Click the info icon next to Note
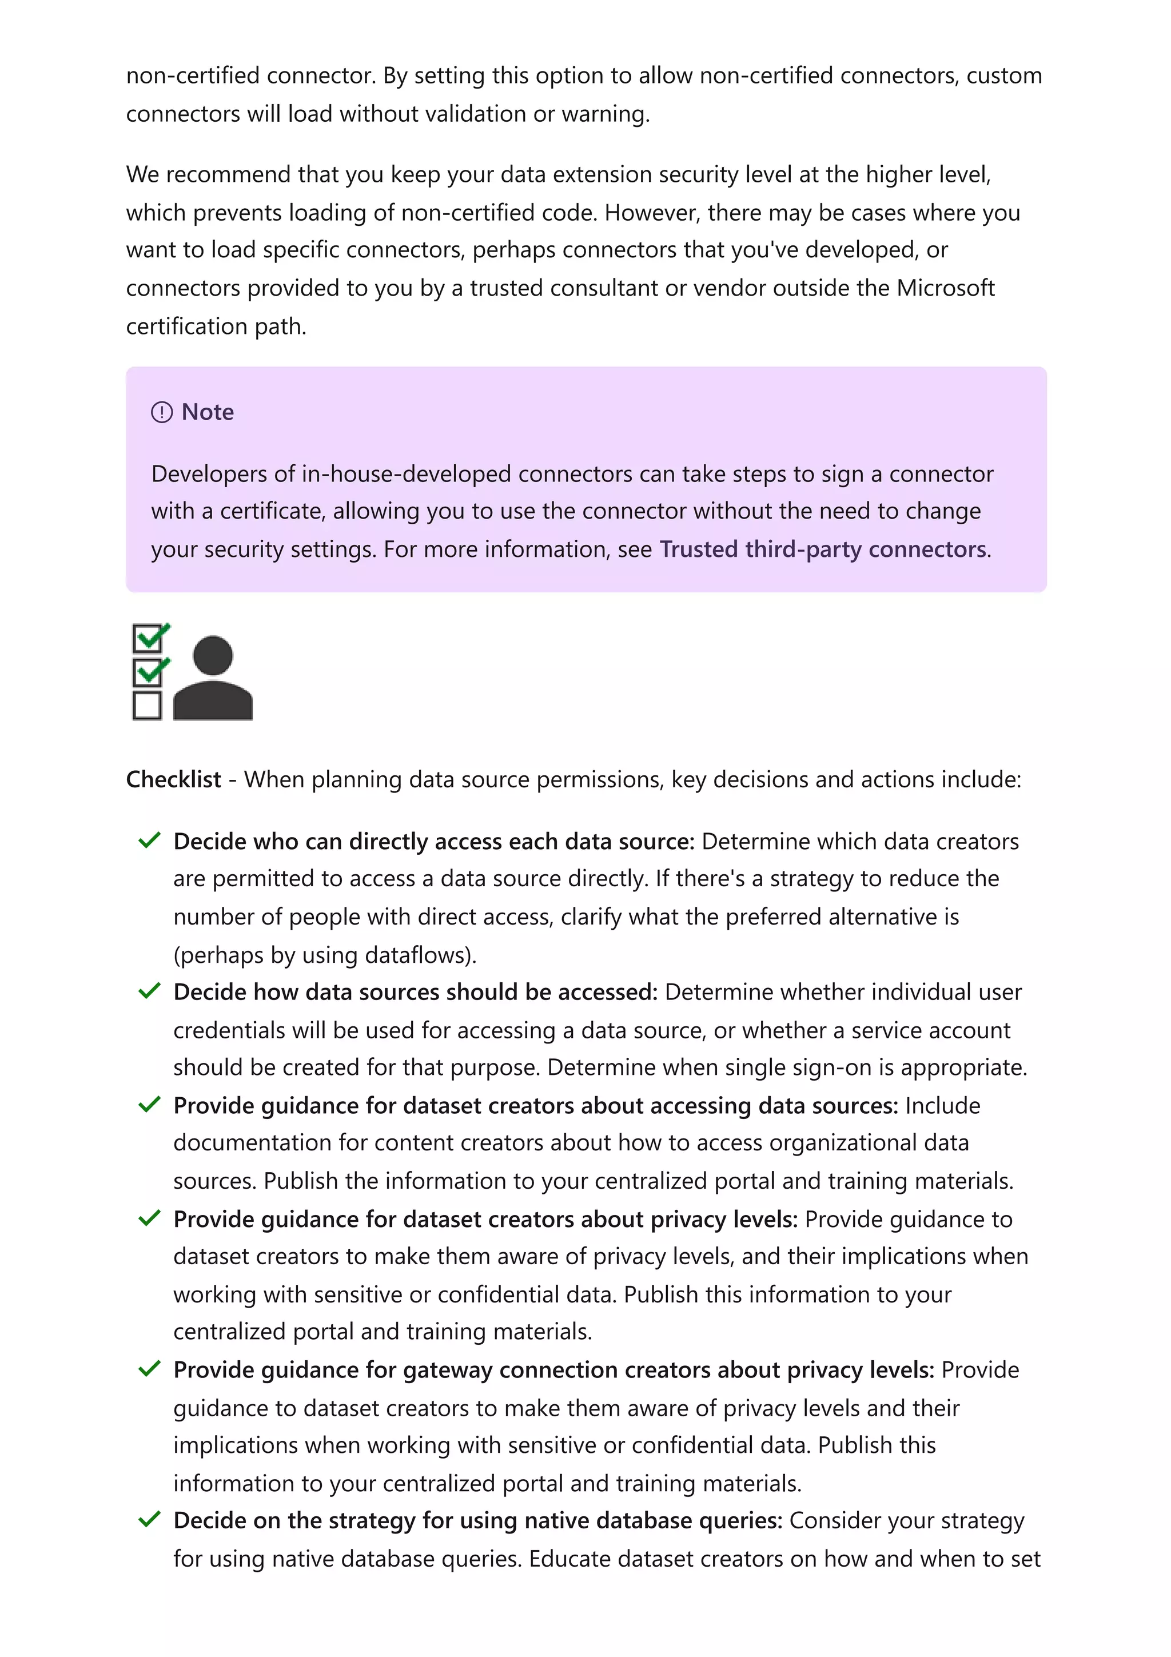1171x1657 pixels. [x=162, y=412]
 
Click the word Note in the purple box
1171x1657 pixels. [x=208, y=412]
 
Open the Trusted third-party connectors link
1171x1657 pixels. [x=823, y=549]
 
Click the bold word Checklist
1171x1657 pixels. [x=173, y=779]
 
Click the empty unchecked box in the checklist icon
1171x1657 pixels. [x=147, y=705]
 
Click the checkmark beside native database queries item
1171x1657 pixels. [x=149, y=1520]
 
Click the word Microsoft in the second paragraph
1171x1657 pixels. [x=945, y=288]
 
